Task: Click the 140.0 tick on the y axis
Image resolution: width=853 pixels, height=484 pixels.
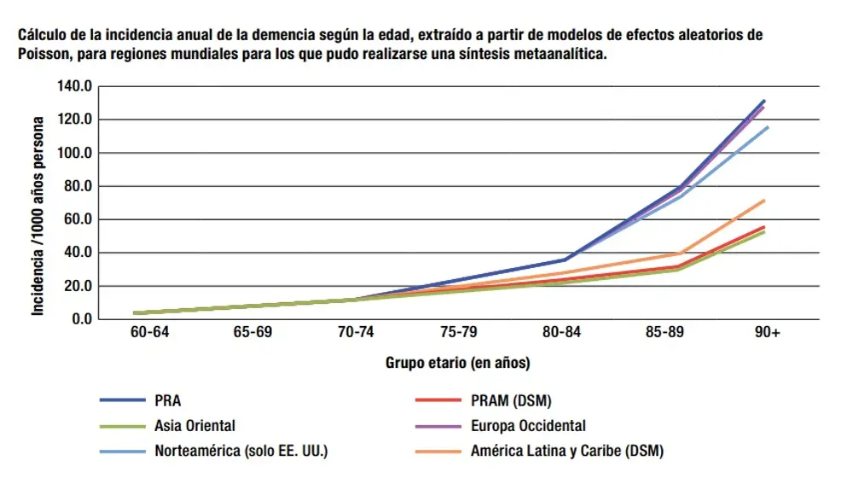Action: [73, 86]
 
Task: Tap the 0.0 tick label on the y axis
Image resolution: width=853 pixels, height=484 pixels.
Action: [79, 319]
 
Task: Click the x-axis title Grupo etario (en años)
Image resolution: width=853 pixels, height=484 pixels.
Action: [457, 364]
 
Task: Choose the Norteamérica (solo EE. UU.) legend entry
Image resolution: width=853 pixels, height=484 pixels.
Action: [241, 450]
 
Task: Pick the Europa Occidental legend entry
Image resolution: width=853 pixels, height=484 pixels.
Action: [528, 425]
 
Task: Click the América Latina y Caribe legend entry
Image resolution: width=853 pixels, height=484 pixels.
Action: [566, 450]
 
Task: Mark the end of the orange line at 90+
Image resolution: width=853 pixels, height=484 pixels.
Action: [765, 201]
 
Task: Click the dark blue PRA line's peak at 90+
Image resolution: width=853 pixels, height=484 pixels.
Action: [765, 101]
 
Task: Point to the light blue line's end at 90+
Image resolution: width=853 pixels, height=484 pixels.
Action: [768, 127]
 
